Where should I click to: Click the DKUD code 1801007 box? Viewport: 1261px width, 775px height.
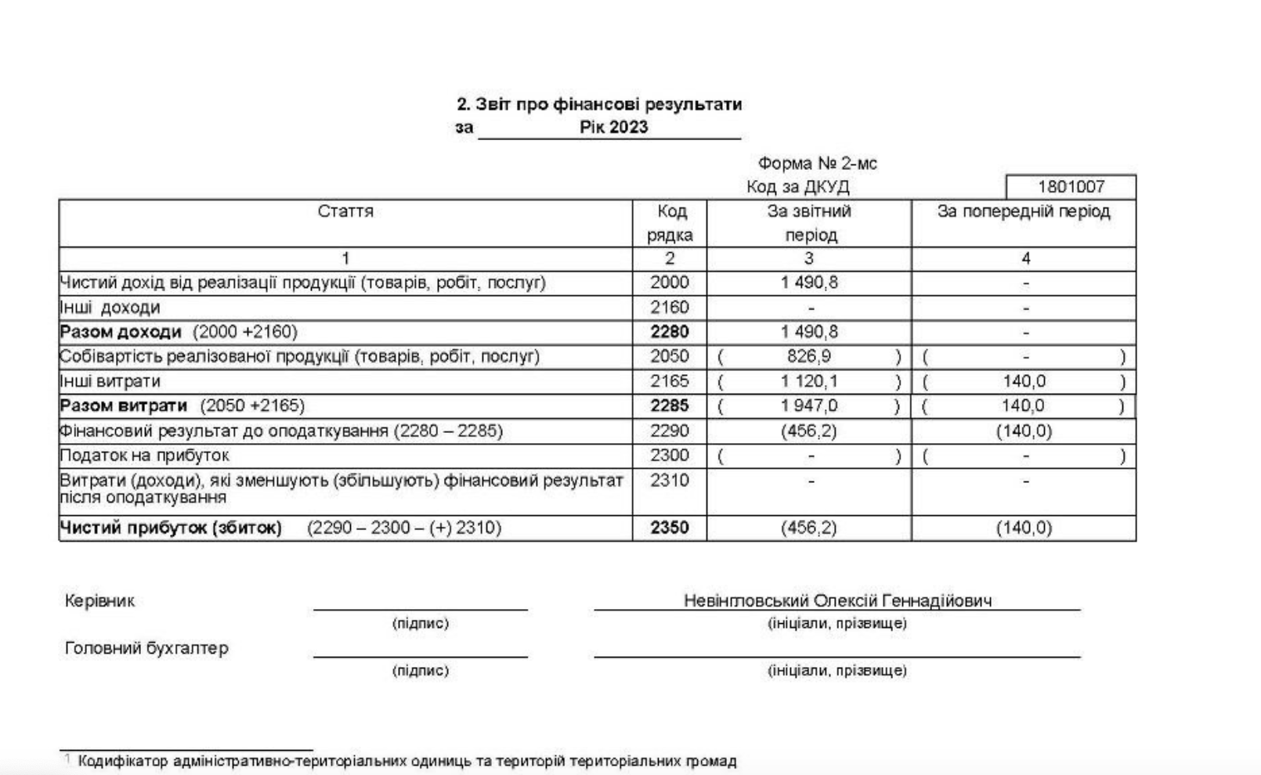click(x=1071, y=187)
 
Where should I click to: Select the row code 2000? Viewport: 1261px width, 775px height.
click(x=670, y=283)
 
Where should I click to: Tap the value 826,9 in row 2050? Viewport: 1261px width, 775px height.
click(x=809, y=357)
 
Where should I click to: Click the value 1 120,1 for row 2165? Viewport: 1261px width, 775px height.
click(x=809, y=381)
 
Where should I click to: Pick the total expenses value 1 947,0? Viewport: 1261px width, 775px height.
click(x=809, y=406)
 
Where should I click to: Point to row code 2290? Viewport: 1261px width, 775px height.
click(x=670, y=431)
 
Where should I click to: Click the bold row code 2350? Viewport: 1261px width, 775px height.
click(x=670, y=528)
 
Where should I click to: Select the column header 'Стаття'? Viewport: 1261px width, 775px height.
click(x=345, y=211)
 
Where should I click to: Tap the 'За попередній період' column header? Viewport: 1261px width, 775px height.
click(x=1024, y=211)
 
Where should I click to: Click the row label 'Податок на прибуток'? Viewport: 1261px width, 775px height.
click(x=145, y=456)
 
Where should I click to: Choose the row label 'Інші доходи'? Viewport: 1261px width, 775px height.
click(x=110, y=308)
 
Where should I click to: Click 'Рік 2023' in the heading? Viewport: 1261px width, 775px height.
click(x=614, y=128)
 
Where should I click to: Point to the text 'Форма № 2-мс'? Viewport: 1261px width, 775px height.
click(x=817, y=164)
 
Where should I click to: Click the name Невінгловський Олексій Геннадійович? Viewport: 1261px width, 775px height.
click(x=837, y=600)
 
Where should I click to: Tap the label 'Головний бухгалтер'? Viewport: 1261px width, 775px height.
click(x=146, y=648)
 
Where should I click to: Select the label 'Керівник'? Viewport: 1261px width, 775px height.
click(x=99, y=600)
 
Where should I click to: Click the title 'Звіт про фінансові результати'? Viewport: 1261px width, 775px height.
click(x=599, y=104)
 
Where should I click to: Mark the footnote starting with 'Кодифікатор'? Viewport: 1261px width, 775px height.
click(x=406, y=761)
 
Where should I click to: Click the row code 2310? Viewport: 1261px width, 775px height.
click(x=670, y=480)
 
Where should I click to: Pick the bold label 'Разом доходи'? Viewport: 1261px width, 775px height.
click(x=121, y=332)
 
